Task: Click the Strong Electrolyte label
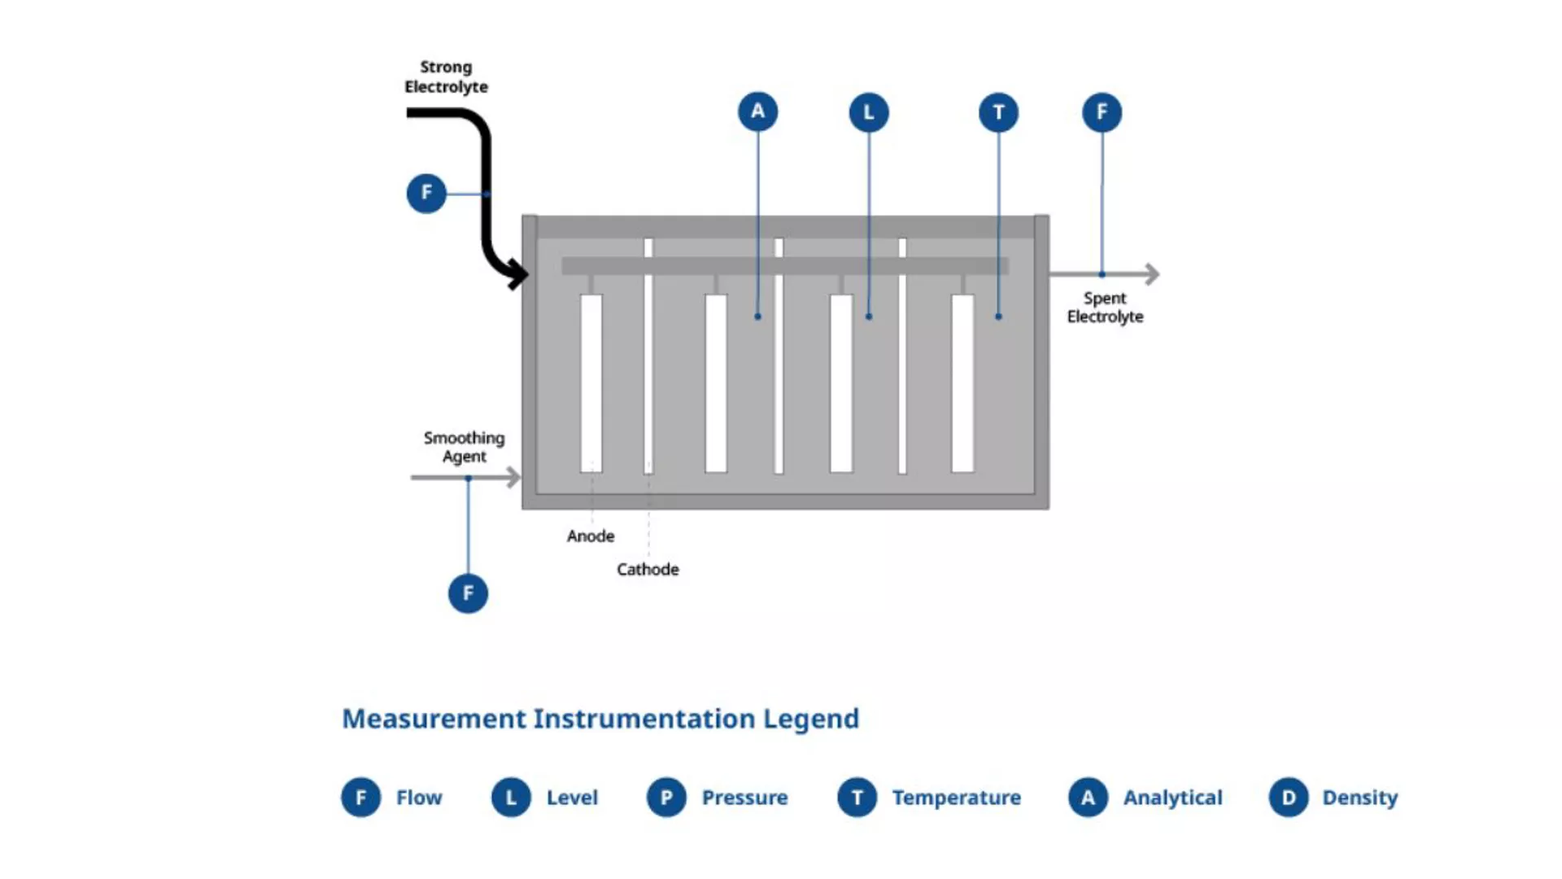coord(446,77)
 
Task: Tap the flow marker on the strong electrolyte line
coord(426,193)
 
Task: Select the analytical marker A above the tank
coord(757,112)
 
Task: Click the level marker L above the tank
coord(869,112)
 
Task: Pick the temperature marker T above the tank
coord(998,112)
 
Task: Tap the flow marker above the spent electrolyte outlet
coord(1102,112)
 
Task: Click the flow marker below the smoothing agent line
coord(468,593)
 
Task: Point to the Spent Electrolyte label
coord(1105,308)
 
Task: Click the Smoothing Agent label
coord(464,447)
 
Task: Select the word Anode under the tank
coord(591,536)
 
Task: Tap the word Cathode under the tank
coord(648,569)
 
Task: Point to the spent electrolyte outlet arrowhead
coord(1152,273)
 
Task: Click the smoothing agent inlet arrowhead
coord(513,477)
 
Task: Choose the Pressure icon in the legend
coord(666,798)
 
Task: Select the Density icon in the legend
coord(1289,798)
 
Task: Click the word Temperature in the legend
coord(956,798)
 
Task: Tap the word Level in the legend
coord(572,798)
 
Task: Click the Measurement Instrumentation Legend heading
coord(600,719)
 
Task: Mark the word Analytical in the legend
coord(1172,798)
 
